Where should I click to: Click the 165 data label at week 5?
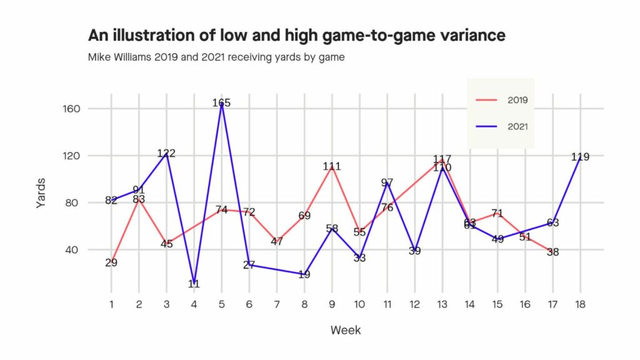tap(221, 103)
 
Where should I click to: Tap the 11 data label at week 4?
tap(194, 284)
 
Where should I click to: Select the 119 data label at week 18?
tap(580, 157)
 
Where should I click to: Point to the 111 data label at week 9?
tap(332, 167)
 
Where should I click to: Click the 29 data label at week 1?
tap(111, 263)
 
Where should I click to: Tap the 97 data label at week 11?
tap(387, 183)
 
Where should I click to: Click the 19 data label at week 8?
tap(304, 274)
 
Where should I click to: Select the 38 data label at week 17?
tap(552, 252)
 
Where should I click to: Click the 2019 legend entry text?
tap(518, 99)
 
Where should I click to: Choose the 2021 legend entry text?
tap(518, 126)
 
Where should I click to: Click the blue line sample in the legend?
tap(487, 126)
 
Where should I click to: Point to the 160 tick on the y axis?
tap(90, 109)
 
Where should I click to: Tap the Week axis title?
tap(345, 330)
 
